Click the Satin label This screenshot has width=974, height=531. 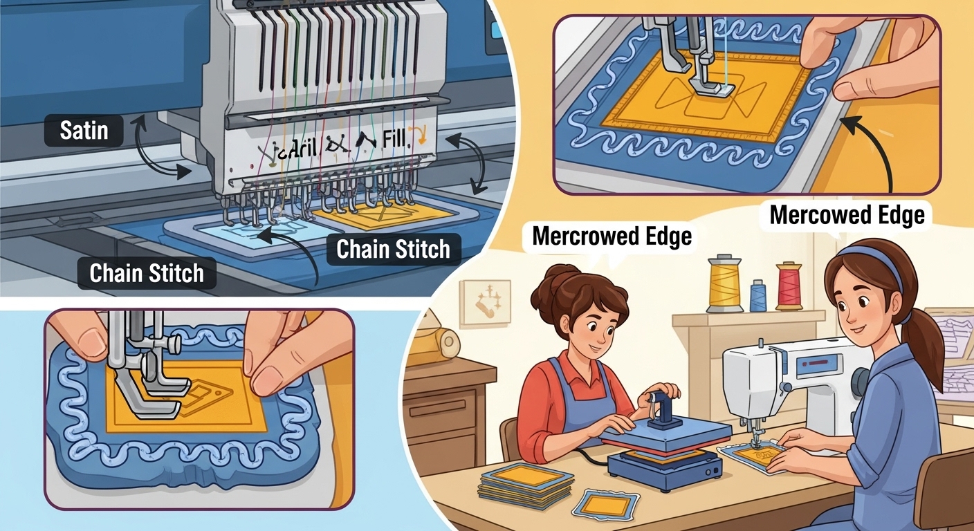84,131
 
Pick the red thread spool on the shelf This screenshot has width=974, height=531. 788,286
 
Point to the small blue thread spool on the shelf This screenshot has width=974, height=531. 757,295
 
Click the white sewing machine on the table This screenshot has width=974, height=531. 796,377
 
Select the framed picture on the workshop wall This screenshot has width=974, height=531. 485,302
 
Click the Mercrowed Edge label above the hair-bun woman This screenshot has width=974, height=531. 612,236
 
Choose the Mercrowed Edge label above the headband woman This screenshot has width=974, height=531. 847,214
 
